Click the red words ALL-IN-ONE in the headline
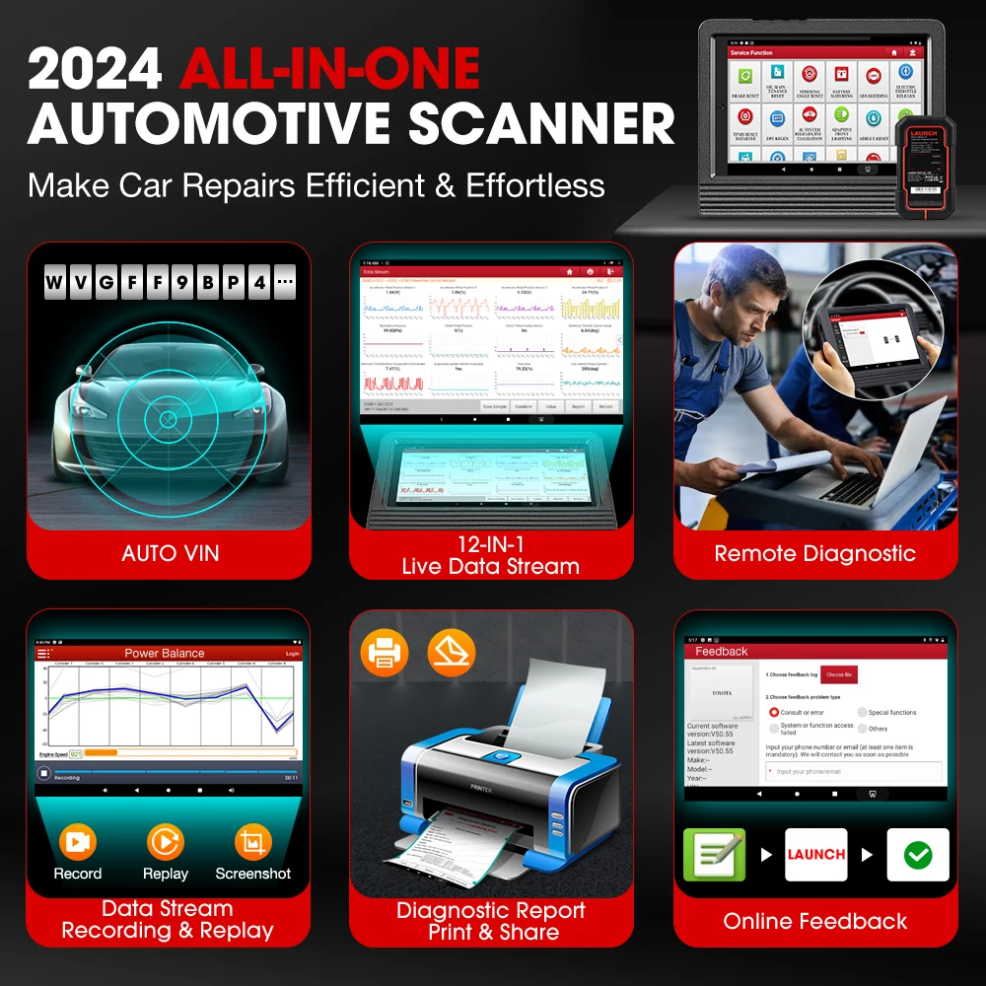click(x=329, y=70)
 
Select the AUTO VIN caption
click(x=169, y=553)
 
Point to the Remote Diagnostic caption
click(x=815, y=553)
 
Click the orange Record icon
click(x=77, y=842)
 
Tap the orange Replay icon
click(x=166, y=842)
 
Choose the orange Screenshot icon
click(x=253, y=842)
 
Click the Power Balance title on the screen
click(x=165, y=653)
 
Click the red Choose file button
click(x=840, y=674)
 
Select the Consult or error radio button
click(x=774, y=712)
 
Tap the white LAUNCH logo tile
click(x=816, y=854)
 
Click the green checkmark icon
click(x=918, y=854)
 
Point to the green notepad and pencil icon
click(x=715, y=854)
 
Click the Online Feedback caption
click(x=815, y=921)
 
